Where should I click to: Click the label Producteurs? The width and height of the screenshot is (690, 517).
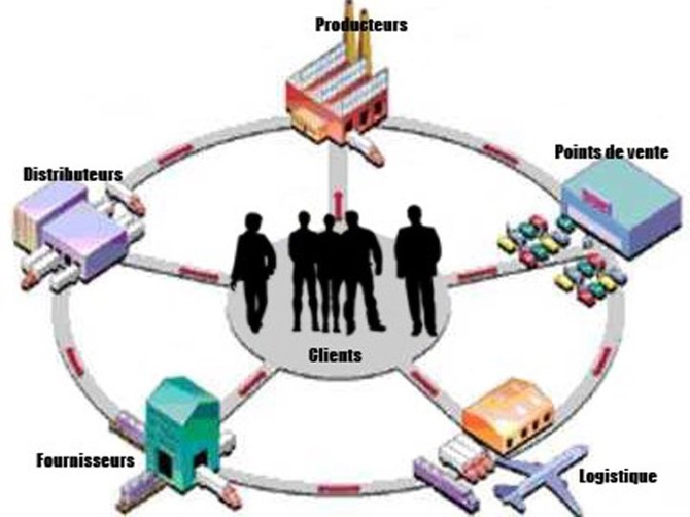[361, 25]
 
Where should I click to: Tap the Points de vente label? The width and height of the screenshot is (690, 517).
[610, 153]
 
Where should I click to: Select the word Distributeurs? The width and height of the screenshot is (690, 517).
[73, 175]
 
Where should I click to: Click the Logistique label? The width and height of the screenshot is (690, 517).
[618, 476]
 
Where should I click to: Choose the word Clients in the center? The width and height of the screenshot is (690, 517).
[335, 355]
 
